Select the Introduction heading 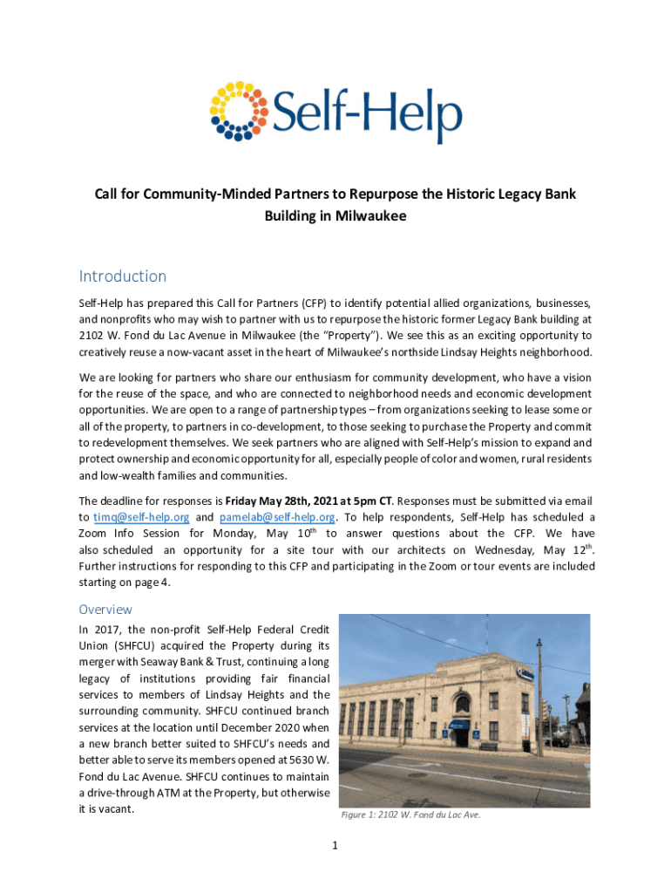(122, 276)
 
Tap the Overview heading (105, 609)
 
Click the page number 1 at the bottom (335, 845)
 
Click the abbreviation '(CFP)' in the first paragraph (312, 303)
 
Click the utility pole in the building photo (540, 698)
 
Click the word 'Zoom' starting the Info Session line (92, 534)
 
